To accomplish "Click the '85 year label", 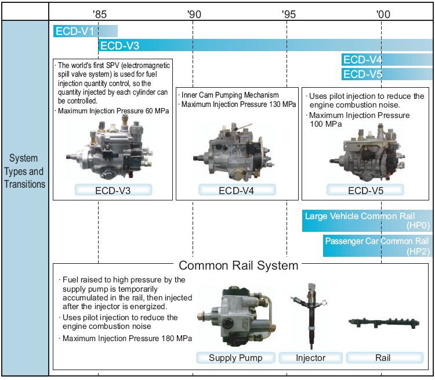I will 99,13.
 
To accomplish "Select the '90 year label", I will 194,13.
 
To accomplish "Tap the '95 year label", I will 288,13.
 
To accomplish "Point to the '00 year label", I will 383,13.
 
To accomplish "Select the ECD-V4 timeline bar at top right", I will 386,60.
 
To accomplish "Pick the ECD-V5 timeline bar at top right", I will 386,74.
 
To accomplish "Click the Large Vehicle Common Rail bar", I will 367,220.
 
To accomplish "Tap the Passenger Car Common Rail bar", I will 378,245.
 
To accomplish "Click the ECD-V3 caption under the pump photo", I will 114,190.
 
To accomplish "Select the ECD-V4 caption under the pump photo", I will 237,190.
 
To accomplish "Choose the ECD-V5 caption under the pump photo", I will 365,190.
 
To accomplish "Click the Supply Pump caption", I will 235,357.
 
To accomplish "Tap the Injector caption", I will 311,357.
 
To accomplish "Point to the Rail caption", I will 383,357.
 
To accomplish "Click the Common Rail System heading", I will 238,266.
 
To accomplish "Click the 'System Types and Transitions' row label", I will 24,171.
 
